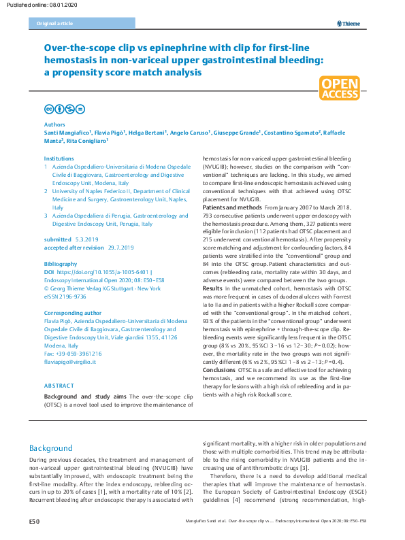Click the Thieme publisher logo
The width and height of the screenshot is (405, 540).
pyautogui.click(x=348, y=24)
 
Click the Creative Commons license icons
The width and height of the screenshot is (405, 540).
pyautogui.click(x=64, y=109)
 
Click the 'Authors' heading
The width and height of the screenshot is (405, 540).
pyautogui.click(x=54, y=125)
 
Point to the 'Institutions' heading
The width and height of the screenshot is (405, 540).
pyautogui.click(x=59, y=158)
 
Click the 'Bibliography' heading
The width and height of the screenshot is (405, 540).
pyautogui.click(x=59, y=263)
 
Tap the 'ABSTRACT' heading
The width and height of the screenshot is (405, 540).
pyautogui.click(x=59, y=386)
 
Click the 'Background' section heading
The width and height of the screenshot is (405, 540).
pyautogui.click(x=50, y=449)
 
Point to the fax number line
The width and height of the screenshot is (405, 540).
pyautogui.click(x=73, y=354)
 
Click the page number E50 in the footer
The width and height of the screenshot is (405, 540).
pyautogui.click(x=35, y=521)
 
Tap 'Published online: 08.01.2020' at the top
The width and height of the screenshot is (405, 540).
pyautogui.click(x=39, y=5)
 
